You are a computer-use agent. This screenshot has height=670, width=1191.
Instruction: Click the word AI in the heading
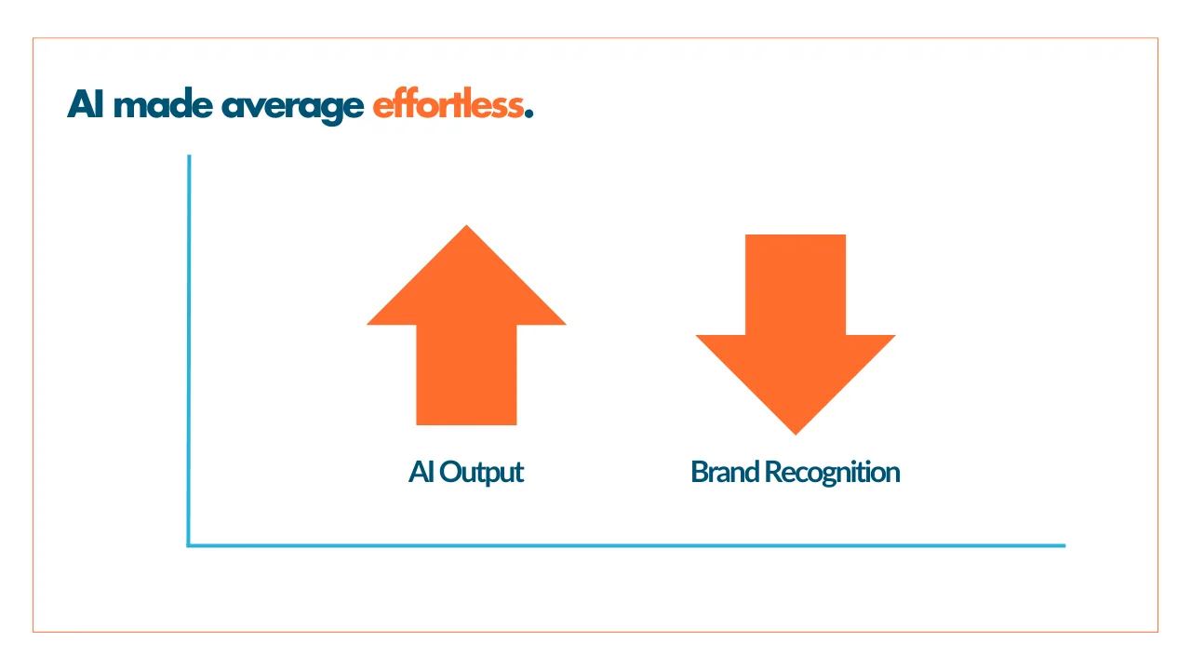click(85, 104)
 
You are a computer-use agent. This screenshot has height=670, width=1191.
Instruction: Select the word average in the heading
click(293, 108)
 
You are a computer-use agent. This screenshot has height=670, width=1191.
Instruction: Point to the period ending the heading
click(529, 114)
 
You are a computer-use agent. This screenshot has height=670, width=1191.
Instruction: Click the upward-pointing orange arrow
click(466, 325)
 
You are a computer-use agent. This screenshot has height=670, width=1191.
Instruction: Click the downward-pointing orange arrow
click(796, 334)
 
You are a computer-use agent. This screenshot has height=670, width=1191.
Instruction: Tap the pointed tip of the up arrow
click(467, 225)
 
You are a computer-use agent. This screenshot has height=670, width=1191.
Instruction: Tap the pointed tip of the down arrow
click(796, 435)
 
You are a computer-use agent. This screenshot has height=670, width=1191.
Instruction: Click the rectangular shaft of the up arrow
click(466, 375)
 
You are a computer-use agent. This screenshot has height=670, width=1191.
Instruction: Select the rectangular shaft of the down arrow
click(796, 285)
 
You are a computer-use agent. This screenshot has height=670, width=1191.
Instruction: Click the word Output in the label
click(482, 473)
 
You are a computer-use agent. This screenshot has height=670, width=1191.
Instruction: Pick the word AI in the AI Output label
click(422, 472)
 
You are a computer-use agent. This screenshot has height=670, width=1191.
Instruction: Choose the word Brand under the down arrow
click(725, 472)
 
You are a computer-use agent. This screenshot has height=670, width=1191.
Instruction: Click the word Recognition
click(832, 473)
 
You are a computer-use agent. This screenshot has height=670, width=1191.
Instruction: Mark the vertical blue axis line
click(189, 350)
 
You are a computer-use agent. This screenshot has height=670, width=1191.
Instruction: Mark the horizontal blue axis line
click(626, 545)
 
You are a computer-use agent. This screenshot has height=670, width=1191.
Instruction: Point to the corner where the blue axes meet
click(189, 545)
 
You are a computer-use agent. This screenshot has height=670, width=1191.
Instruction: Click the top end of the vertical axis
click(189, 155)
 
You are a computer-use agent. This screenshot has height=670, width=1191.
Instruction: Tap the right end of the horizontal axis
click(1065, 545)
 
